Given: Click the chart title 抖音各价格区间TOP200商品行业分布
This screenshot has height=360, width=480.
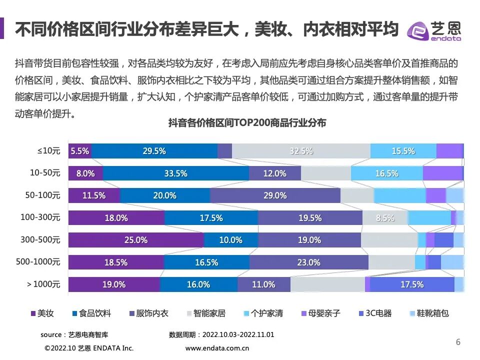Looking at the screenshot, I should (x=247, y=123).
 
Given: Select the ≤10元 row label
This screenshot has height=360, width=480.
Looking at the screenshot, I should (x=48, y=151).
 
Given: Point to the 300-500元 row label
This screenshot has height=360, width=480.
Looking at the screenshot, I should (x=40, y=240).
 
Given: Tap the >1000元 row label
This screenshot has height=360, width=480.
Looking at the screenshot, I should (x=43, y=284).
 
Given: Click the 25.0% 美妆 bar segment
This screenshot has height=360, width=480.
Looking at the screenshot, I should (x=136, y=240).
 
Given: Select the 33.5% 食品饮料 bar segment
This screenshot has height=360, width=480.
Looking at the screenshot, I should (x=175, y=173).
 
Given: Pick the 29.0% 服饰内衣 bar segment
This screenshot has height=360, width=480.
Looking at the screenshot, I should (x=275, y=195).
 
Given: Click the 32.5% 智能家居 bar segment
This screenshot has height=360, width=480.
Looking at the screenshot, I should (x=301, y=151).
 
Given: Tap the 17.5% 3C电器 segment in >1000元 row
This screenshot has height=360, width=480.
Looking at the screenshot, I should (x=412, y=284).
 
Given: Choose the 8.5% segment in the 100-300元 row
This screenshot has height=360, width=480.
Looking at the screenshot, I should (x=385, y=218).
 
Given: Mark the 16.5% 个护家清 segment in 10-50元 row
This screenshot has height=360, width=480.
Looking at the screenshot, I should (x=386, y=173).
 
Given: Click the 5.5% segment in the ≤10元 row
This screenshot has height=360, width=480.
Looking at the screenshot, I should (x=79, y=151).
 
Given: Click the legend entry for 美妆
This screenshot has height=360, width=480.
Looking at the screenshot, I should (x=42, y=313).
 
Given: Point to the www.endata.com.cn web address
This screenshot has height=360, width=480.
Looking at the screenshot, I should (x=217, y=348).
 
